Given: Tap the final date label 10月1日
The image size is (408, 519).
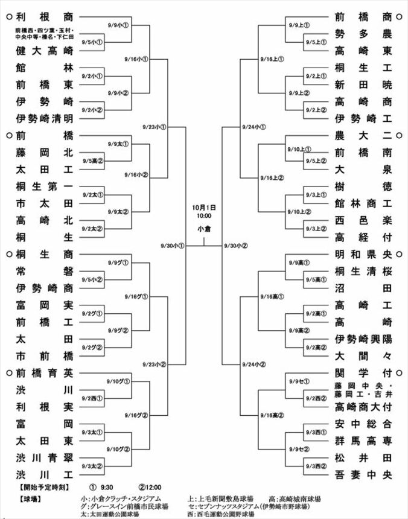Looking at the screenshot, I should tap(203, 207).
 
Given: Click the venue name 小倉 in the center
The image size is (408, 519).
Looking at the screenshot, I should tap(203, 229).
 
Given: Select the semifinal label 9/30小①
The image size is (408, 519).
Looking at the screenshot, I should tap(173, 246).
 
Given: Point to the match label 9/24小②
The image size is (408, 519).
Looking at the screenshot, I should tap(253, 365).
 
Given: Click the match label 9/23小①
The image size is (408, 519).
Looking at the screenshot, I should tap(155, 127).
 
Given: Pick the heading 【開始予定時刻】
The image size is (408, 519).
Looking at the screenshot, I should tap(45, 486).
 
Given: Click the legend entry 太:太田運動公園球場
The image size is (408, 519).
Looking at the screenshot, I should tap(110, 514).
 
